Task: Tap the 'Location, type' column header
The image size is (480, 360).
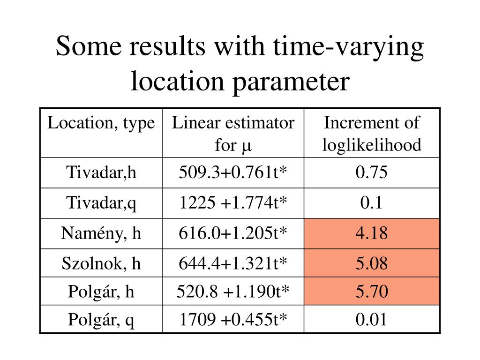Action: coord(101,123)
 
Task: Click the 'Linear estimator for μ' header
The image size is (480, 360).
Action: coord(233,134)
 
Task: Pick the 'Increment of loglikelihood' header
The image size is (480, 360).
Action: coord(372,134)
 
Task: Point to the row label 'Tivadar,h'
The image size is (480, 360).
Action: coord(101,173)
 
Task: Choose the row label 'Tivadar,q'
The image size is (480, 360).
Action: coord(101,203)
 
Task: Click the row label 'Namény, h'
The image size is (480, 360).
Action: coord(101,233)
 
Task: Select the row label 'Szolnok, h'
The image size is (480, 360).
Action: coord(101,263)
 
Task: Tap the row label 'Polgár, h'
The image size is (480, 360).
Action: coord(101,292)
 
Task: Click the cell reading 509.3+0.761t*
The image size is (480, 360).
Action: coord(233,173)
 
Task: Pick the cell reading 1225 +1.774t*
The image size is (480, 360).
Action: coord(233,203)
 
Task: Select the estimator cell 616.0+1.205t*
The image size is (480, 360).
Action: coord(233,233)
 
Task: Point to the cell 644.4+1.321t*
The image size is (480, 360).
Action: coord(233,263)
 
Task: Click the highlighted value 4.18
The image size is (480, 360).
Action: coord(372,233)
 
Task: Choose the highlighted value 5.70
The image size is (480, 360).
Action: coord(372,292)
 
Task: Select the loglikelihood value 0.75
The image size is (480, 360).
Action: coord(372,173)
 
